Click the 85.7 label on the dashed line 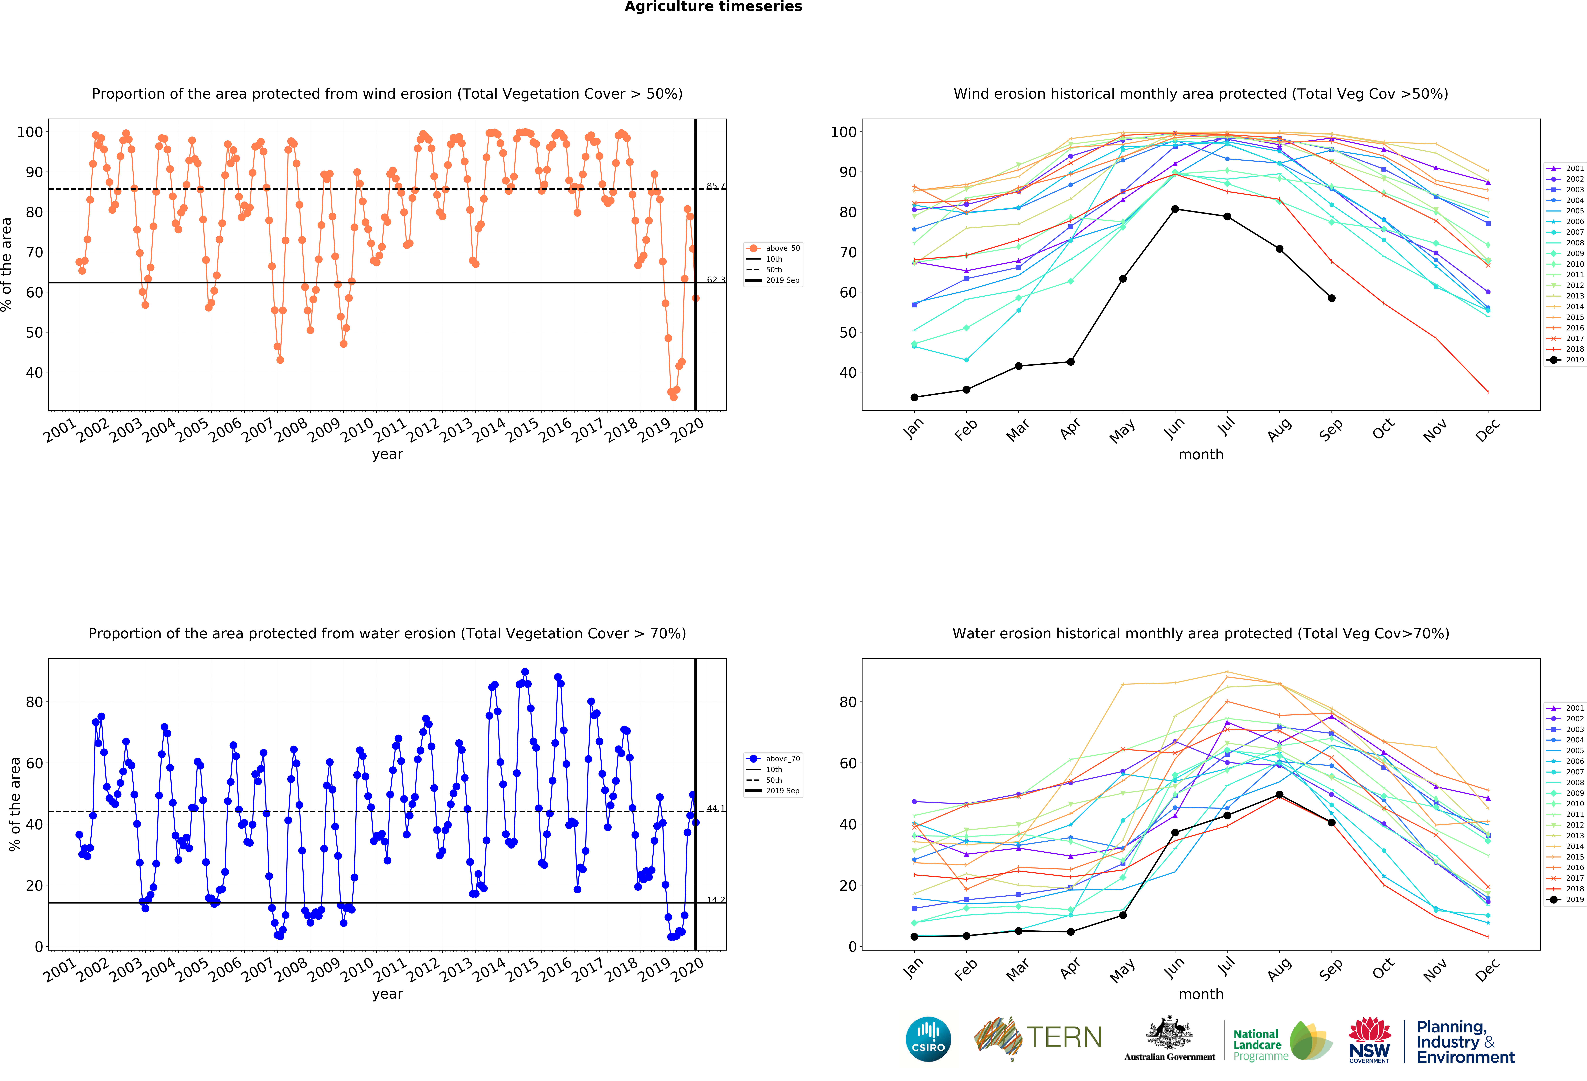716,186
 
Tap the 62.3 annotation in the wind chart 716,280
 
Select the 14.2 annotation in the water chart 716,899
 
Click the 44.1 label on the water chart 716,809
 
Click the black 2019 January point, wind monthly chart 914,397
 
